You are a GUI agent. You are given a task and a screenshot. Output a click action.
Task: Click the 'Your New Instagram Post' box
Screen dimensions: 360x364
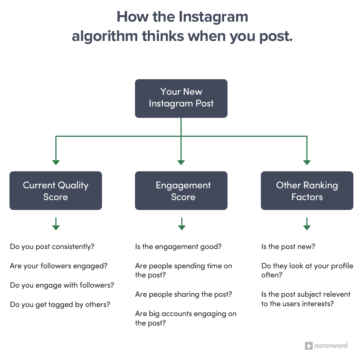coord(181,98)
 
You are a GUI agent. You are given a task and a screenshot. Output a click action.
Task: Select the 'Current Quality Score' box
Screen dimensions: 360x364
coord(56,191)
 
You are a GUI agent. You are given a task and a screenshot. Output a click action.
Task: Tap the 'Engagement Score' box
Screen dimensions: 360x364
coord(181,191)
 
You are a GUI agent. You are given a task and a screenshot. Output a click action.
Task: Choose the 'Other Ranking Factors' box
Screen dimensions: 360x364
coord(307,191)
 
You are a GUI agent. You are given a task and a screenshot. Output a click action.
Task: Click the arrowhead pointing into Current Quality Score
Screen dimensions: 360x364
coord(56,163)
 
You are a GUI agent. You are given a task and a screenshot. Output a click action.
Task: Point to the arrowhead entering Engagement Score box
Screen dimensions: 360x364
coord(181,163)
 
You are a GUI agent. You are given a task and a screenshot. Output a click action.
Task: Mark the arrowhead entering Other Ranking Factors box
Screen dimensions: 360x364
coord(307,163)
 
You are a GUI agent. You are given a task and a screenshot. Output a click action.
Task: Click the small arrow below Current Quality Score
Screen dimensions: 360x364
coord(56,224)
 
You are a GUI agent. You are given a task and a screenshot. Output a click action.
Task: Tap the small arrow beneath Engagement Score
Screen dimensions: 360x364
coord(182,224)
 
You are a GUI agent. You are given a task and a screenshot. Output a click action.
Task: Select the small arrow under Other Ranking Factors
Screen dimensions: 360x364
coord(307,224)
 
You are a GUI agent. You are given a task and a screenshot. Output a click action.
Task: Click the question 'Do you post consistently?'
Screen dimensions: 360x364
coord(52,247)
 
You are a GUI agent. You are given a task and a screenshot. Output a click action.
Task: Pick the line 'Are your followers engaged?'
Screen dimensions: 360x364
coord(58,266)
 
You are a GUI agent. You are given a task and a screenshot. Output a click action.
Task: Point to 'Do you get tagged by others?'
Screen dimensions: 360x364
coord(60,304)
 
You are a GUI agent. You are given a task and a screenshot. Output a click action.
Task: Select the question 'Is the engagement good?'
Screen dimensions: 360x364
coord(178,247)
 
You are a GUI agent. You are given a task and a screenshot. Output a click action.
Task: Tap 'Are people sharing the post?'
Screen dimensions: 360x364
coord(184,294)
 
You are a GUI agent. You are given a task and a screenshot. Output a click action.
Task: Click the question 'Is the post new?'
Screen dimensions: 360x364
coord(288,247)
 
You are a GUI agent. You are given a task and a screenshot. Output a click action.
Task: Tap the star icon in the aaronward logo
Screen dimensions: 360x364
coord(308,346)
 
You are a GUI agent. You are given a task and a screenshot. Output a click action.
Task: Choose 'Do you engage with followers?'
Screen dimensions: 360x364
coord(62,285)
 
